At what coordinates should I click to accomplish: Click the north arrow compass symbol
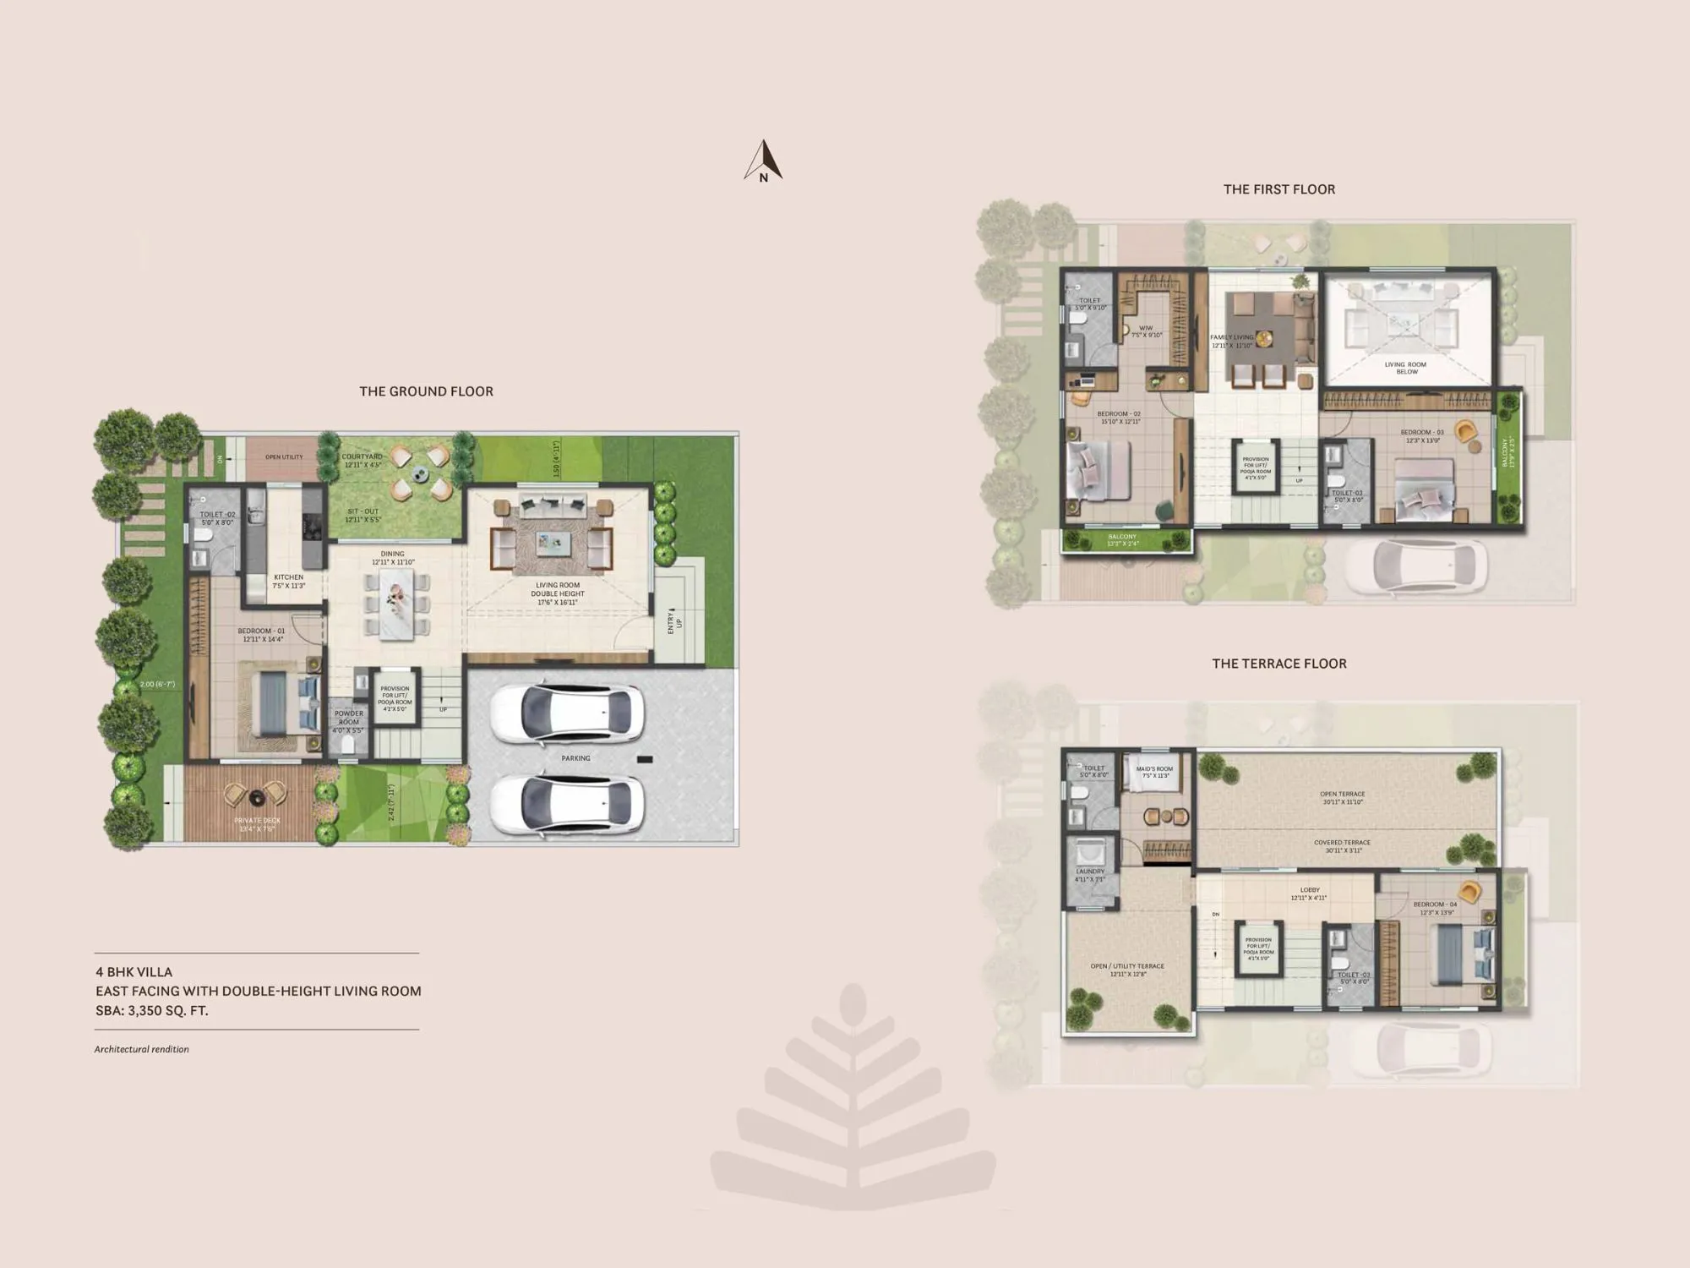coord(763,161)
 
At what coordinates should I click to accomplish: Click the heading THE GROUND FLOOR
coord(426,391)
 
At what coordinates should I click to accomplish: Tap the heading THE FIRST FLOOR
coord(1279,189)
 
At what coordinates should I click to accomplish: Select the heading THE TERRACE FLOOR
coord(1279,664)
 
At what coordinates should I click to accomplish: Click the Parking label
coord(575,758)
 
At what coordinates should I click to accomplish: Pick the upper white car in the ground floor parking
coord(567,713)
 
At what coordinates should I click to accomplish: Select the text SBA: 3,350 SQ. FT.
coord(152,1010)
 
